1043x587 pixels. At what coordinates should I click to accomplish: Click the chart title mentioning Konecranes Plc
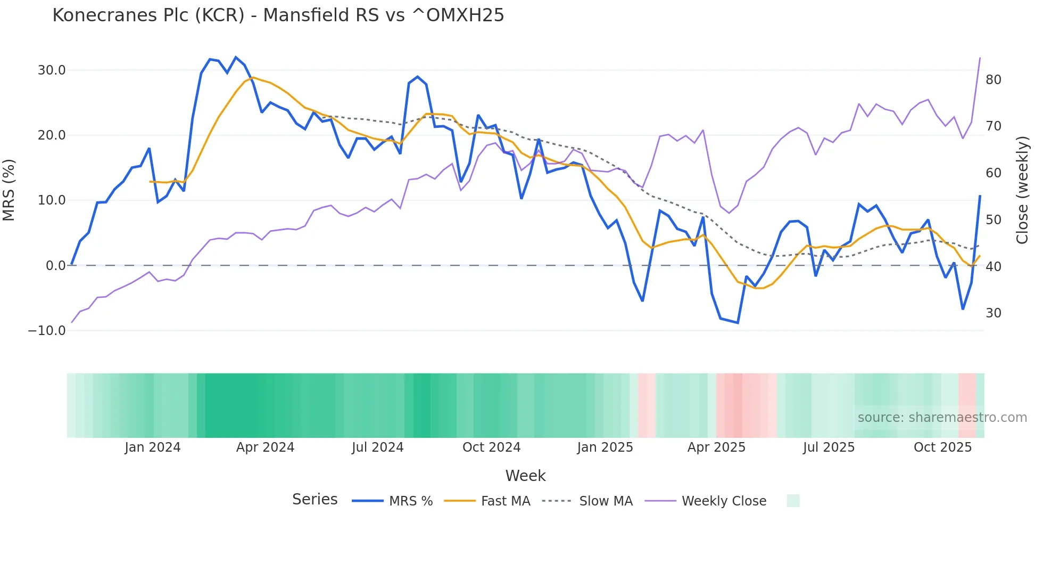[x=278, y=15]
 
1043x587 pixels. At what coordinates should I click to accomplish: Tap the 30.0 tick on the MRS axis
[x=52, y=70]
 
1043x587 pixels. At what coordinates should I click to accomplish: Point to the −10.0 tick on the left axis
[x=47, y=331]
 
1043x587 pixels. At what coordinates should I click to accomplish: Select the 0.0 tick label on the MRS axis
[x=55, y=266]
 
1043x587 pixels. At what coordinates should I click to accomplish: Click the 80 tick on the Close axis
[x=994, y=80]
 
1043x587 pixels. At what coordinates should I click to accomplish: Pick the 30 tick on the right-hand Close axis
[x=994, y=313]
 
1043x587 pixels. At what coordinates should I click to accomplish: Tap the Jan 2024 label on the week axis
[x=153, y=447]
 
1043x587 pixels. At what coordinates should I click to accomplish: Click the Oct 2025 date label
[x=942, y=447]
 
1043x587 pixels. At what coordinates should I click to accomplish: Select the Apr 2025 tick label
[x=716, y=447]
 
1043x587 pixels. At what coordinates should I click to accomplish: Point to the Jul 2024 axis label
[x=378, y=447]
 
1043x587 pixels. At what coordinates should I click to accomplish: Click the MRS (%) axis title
[x=9, y=190]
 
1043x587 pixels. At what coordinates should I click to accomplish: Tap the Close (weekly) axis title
[x=1022, y=190]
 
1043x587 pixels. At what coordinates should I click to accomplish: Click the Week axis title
[x=525, y=476]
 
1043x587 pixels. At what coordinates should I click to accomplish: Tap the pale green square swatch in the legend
[x=793, y=501]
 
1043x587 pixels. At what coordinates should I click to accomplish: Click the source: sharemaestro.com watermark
[x=942, y=418]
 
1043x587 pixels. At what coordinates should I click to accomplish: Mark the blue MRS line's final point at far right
[x=980, y=196]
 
